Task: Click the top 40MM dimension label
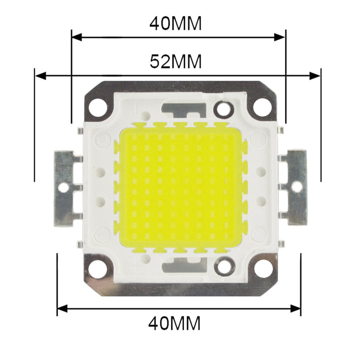[x=175, y=24]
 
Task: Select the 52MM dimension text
[x=175, y=61]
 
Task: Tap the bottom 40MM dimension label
[x=174, y=323]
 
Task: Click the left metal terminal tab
[x=65, y=187]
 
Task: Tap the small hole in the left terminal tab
[x=63, y=187]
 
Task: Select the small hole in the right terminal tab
[x=296, y=187]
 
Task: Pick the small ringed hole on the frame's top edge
[x=223, y=108]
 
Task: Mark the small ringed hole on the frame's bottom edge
[x=223, y=265]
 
